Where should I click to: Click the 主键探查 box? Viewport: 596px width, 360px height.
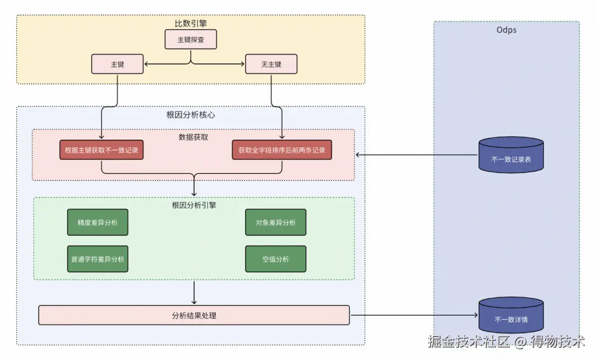[190, 39]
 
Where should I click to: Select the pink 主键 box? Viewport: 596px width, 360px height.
[117, 64]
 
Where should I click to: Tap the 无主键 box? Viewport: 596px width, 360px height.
[271, 64]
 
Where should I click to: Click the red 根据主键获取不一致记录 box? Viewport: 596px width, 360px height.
[102, 150]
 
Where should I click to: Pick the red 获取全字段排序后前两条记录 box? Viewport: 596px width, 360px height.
[281, 150]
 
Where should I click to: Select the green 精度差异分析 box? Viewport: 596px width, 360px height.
[98, 223]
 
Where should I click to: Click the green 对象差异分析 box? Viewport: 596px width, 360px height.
[275, 223]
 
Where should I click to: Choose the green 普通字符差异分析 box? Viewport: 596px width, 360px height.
[98, 259]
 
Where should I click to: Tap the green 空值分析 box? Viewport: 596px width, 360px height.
[275, 259]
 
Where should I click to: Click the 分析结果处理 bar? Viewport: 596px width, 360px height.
[194, 315]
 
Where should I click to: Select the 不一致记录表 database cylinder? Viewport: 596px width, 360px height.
[511, 155]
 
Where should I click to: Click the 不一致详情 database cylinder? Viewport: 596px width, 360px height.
[511, 315]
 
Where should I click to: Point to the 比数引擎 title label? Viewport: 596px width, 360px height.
[190, 23]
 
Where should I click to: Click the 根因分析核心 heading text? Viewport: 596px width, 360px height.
[190, 115]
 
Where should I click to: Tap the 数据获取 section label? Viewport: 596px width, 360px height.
[194, 137]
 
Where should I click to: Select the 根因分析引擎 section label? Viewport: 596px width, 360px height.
[194, 205]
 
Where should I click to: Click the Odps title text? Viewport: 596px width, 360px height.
[506, 30]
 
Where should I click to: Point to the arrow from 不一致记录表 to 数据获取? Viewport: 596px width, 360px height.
[417, 155]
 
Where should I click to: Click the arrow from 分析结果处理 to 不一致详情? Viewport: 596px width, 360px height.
[414, 315]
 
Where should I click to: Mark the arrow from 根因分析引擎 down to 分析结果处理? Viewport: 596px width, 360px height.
[194, 292]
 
